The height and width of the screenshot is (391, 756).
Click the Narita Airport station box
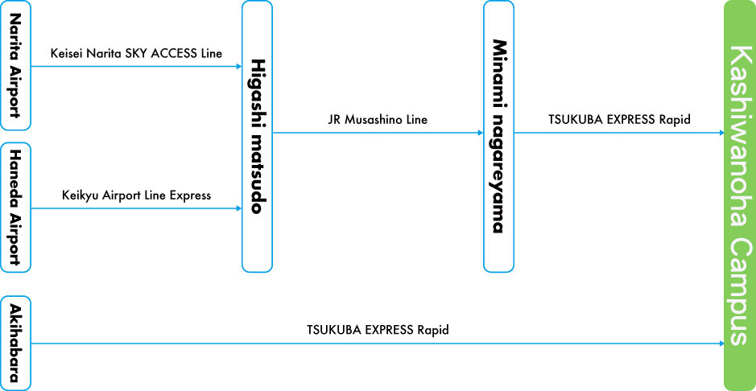point(15,65)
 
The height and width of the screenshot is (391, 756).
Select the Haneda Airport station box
point(15,207)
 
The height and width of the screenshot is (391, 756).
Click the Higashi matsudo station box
point(257,135)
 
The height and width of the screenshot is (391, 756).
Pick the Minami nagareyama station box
point(498,135)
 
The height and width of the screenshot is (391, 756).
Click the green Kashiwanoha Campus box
point(739,195)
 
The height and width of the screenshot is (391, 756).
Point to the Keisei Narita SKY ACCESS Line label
point(136,54)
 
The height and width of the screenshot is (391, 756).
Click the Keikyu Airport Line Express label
point(136,195)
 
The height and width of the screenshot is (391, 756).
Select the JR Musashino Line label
point(378,120)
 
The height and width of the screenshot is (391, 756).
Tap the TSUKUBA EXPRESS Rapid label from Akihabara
point(378,330)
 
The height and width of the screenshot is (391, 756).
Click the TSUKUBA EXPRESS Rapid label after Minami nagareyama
point(619,120)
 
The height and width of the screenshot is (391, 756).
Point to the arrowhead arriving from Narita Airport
point(238,66)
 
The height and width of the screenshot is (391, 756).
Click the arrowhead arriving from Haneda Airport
point(238,208)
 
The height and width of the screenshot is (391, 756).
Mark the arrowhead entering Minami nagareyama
point(480,133)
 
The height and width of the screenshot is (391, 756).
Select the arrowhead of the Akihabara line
point(721,344)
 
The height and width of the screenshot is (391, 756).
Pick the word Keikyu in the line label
point(79,195)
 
